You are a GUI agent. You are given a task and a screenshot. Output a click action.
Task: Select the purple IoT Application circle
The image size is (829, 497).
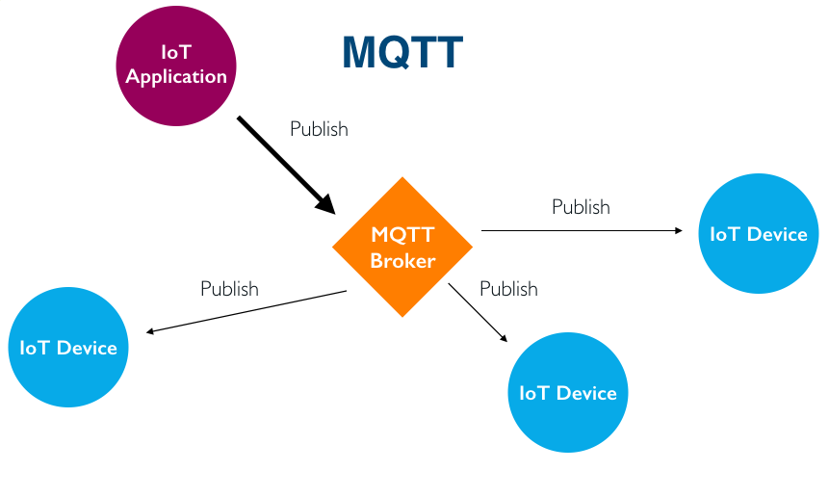(x=176, y=65)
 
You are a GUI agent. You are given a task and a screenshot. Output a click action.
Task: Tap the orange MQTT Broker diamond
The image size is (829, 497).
(x=402, y=248)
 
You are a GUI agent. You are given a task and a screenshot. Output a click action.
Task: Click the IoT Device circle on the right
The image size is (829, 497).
(x=758, y=233)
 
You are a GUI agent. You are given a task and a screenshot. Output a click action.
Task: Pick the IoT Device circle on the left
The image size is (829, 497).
(x=68, y=347)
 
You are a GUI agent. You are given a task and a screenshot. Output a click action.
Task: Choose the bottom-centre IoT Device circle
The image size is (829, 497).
(x=567, y=392)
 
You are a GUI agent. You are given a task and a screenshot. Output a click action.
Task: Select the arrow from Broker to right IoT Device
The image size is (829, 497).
(x=578, y=231)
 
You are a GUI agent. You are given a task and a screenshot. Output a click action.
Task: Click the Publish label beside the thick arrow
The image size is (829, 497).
(x=319, y=128)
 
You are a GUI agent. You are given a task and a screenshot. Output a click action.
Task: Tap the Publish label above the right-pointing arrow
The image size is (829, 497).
(x=581, y=206)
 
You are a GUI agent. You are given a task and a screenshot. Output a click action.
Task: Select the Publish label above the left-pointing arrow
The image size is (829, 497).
(x=229, y=288)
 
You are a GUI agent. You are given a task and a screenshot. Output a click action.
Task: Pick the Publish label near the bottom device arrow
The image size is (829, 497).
(x=508, y=288)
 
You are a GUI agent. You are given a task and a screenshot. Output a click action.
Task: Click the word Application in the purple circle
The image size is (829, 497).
(x=176, y=77)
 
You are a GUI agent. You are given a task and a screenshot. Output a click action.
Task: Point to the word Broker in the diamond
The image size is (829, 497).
(x=402, y=261)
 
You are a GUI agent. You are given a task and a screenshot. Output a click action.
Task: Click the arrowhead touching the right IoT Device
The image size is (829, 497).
(x=679, y=231)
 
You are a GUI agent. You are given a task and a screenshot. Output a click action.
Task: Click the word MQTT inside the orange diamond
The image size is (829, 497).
(x=402, y=235)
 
